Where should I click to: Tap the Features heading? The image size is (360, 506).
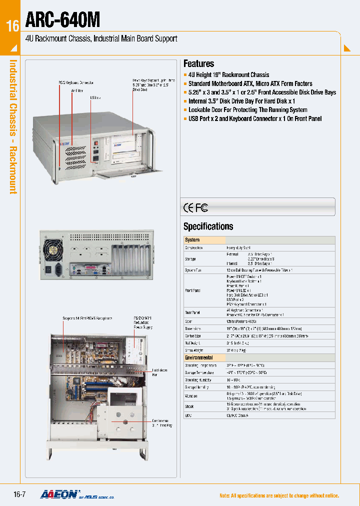tap(198, 63)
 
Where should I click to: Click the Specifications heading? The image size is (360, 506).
tap(208, 226)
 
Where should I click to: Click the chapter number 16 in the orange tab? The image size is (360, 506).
tap(12, 26)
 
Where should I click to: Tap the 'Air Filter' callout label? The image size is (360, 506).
tap(76, 90)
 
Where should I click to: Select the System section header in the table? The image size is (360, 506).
tap(192, 240)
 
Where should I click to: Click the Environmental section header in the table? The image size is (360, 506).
tap(199, 357)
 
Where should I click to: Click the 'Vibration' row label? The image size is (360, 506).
tap(192, 395)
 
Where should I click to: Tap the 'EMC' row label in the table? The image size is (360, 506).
tap(189, 415)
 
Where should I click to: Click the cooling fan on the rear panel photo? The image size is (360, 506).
tap(53, 247)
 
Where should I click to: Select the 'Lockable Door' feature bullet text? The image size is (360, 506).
tap(247, 109)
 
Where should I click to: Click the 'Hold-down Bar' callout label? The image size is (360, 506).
tap(160, 372)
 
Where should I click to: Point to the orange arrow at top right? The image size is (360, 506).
tap(347, 48)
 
